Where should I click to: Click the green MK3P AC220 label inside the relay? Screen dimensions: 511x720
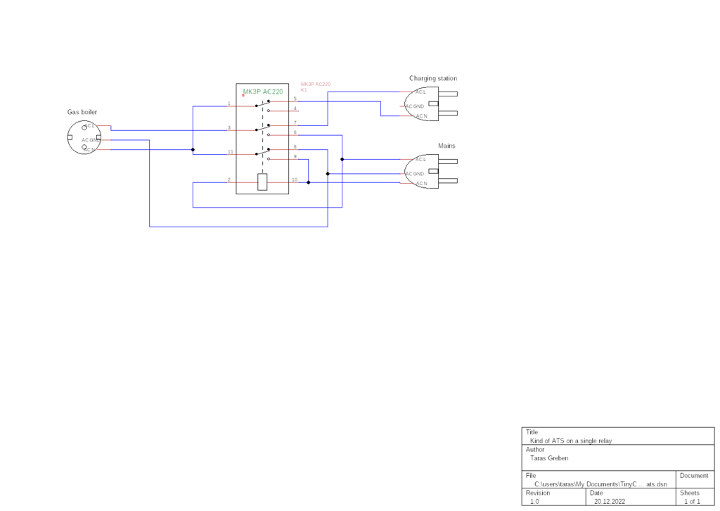coord(262,92)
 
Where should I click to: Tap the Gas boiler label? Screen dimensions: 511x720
coord(82,112)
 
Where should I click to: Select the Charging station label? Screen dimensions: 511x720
coord(433,78)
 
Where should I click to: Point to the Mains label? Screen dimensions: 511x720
coord(446,146)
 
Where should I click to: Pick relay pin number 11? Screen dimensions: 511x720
coord(230,152)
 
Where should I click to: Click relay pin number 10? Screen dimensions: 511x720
coord(295,179)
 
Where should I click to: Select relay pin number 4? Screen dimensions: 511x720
coord(295,108)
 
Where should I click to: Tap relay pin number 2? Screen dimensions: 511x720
coord(229,179)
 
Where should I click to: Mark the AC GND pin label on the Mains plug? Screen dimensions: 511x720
coord(414,173)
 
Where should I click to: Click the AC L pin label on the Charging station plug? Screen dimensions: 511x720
coord(420,92)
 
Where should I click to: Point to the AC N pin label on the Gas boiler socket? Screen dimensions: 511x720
coord(89,149)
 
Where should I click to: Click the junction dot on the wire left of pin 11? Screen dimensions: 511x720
coord(193,149)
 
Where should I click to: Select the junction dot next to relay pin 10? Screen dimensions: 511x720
coord(308,182)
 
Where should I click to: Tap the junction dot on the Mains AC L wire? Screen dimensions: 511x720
coord(342,159)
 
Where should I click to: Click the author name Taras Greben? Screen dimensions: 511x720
coord(549,458)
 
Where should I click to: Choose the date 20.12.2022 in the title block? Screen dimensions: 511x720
coord(610,502)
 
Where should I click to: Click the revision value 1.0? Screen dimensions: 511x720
coord(534,502)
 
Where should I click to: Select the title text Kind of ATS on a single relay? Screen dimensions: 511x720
coord(570,441)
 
